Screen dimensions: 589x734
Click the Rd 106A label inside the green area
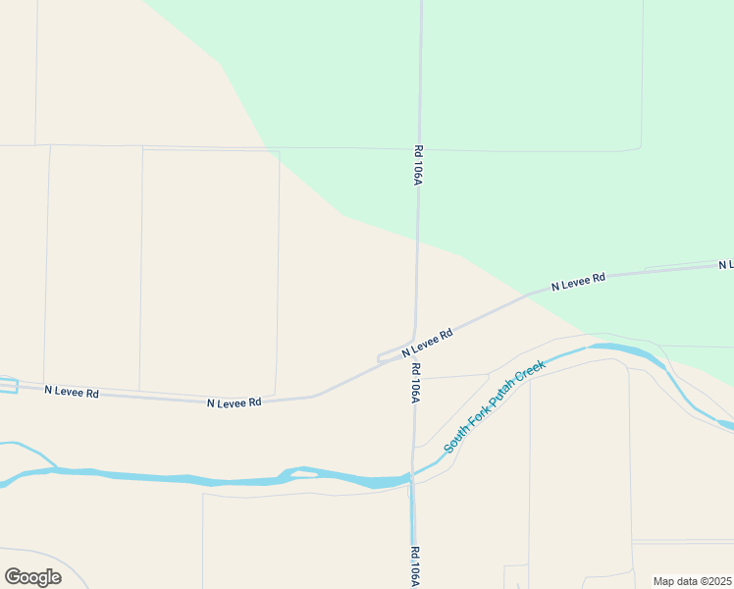coord(417,166)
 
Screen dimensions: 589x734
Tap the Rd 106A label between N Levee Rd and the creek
coord(415,383)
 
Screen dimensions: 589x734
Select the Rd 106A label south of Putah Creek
coord(414,566)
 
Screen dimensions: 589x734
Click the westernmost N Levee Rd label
coord(72,392)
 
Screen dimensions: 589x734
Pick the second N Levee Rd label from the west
coord(234,402)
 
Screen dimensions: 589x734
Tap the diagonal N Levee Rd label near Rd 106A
coord(426,343)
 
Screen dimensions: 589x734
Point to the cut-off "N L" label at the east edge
coord(725,265)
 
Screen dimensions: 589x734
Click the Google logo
coord(32,577)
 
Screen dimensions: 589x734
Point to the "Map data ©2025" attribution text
coord(692,581)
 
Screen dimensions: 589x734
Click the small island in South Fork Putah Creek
coord(304,474)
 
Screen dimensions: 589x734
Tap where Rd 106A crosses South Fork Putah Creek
coord(411,478)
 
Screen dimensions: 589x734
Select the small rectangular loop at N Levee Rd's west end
coord(8,385)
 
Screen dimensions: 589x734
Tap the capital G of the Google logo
coord(13,577)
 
